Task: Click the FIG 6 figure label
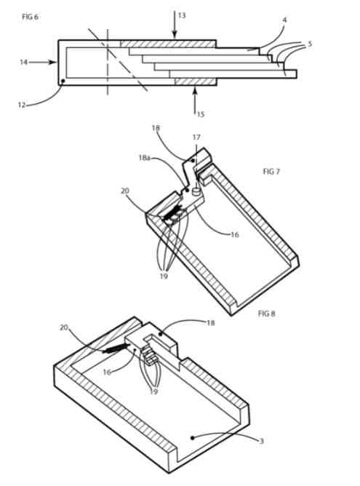tap(30, 17)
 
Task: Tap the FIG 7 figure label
tap(271, 172)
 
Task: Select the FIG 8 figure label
tap(266, 314)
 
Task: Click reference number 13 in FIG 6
tap(182, 15)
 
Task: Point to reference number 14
tap(24, 63)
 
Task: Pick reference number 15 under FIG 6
tap(201, 114)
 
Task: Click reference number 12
tap(21, 105)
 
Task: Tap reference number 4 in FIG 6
tap(284, 20)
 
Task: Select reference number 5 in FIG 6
tap(310, 44)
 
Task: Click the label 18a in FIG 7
tap(145, 158)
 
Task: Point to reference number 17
tap(196, 137)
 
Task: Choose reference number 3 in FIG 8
tap(261, 440)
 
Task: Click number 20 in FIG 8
tap(64, 327)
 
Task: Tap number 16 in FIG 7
tap(235, 234)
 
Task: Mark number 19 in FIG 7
tap(164, 276)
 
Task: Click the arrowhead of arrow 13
tap(175, 36)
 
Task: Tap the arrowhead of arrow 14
tap(55, 63)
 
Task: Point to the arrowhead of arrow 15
tap(195, 89)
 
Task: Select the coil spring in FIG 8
tap(116, 348)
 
